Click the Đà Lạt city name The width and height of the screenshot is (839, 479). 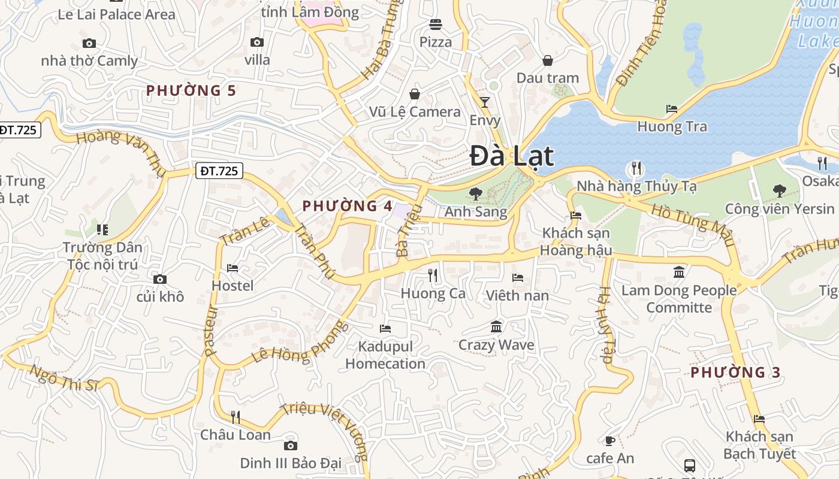(x=511, y=156)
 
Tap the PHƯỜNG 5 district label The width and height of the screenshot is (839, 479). (x=191, y=90)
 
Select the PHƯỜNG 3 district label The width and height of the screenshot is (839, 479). (x=735, y=372)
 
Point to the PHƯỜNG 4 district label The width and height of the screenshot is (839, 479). (x=347, y=206)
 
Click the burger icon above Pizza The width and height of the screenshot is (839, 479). (x=435, y=25)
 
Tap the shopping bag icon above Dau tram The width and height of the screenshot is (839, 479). (x=547, y=60)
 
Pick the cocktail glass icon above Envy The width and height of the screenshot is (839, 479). (x=485, y=102)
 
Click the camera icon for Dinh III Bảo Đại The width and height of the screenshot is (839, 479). (x=291, y=445)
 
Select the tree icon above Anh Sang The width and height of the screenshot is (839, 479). (x=476, y=194)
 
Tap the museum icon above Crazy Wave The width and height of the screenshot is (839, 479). (x=496, y=327)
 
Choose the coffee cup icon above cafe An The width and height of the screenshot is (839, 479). (x=609, y=441)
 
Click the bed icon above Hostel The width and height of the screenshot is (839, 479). (x=233, y=268)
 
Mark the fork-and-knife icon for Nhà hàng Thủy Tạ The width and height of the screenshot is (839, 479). (x=636, y=168)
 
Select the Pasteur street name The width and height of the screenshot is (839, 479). (x=210, y=332)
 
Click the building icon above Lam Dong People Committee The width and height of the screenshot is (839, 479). (x=679, y=272)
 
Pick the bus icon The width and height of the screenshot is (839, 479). (x=690, y=465)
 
